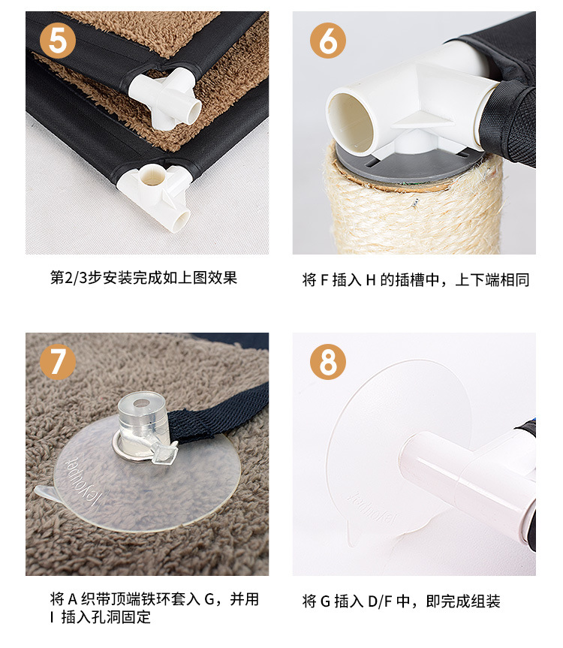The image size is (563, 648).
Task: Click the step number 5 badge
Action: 58,41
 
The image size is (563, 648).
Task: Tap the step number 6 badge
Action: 328,41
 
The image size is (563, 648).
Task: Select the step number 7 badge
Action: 58,362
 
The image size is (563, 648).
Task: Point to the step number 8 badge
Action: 328,362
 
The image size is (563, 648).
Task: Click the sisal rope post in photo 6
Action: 413,211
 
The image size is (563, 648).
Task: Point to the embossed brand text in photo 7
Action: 83,481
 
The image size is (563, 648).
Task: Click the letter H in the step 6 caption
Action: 371,280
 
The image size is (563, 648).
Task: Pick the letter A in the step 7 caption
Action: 73,599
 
